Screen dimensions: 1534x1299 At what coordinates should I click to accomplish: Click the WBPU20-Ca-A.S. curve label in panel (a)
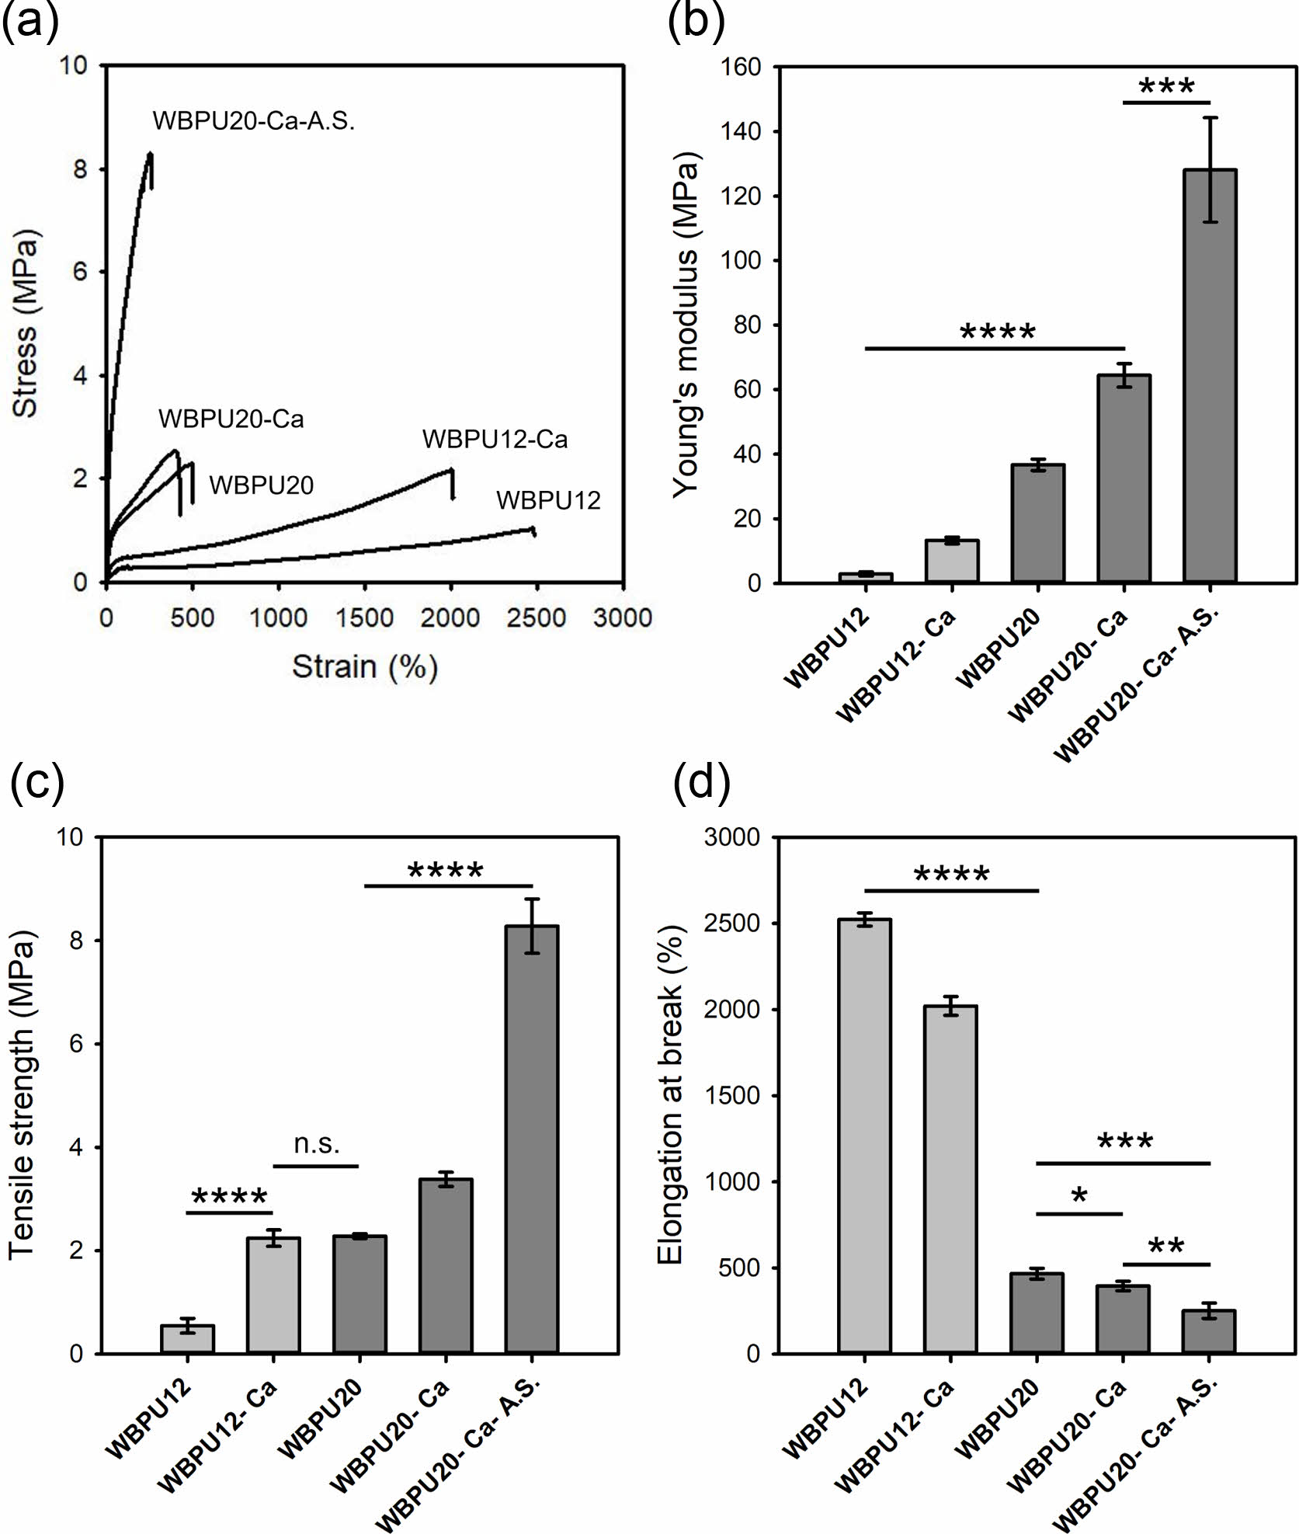pos(253,121)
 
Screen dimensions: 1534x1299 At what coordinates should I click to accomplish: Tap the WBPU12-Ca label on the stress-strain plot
pos(495,440)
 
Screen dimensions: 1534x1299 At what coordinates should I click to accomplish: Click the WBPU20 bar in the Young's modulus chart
pos(1037,523)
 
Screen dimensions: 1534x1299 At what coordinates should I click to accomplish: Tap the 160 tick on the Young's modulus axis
pos(745,68)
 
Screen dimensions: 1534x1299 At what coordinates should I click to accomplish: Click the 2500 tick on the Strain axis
pos(537,618)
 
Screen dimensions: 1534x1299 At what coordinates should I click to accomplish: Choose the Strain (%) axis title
pos(365,666)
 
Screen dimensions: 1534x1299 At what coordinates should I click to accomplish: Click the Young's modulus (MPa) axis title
pos(686,325)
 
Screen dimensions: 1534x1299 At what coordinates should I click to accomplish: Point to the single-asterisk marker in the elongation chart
pos(1079,1197)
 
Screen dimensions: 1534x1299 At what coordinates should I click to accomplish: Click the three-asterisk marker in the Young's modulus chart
pos(1166,87)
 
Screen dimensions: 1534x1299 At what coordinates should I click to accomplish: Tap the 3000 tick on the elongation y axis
pos(733,837)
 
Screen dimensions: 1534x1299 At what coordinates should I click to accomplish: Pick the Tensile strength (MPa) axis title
pos(23,1095)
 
